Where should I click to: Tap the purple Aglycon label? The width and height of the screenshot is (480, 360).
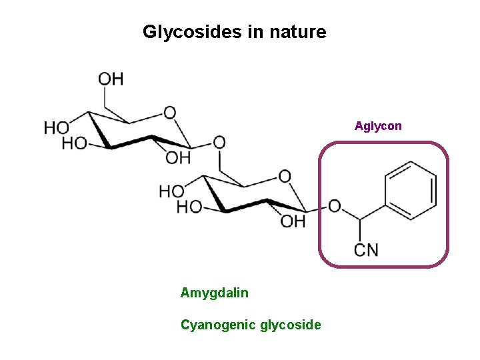[378, 125]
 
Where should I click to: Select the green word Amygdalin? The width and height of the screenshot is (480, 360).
[214, 292]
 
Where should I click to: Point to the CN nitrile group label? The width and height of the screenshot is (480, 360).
[366, 250]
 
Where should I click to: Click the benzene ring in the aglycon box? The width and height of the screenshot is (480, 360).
[410, 190]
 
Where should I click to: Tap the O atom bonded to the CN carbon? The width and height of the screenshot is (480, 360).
[334, 206]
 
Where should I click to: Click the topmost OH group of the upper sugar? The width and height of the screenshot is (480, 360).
[111, 79]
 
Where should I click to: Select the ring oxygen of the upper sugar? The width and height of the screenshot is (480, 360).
[170, 113]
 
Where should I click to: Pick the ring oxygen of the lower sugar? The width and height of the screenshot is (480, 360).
[285, 176]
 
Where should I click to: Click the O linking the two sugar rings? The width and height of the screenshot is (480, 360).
[219, 142]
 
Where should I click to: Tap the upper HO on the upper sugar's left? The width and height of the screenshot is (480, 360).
[57, 127]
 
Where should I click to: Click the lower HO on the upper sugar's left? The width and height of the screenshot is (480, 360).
[74, 143]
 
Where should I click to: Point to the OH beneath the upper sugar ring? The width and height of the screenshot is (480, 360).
[178, 158]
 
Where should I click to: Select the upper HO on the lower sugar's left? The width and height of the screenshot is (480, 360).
[171, 191]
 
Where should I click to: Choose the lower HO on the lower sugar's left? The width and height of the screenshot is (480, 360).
[189, 207]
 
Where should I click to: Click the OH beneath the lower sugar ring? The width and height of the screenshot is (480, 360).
[293, 221]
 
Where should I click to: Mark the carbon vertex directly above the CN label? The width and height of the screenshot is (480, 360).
[360, 220]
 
